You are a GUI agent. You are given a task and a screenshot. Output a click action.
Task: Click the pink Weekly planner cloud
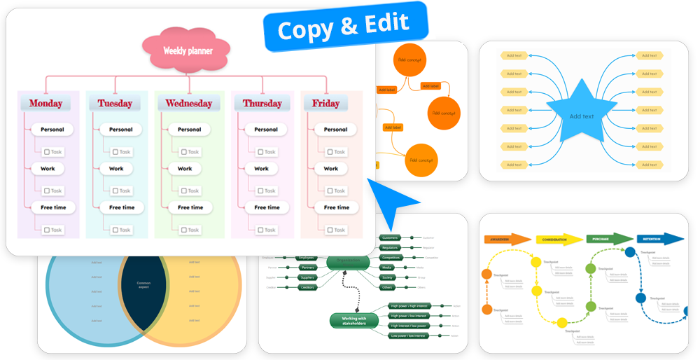click(x=187, y=50)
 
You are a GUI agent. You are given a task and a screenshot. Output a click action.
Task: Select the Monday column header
click(x=45, y=104)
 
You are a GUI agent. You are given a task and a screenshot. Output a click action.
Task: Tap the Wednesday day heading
click(x=188, y=104)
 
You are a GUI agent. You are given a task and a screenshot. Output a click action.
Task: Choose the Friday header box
click(x=325, y=104)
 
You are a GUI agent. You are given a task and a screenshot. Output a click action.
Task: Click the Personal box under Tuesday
click(x=120, y=130)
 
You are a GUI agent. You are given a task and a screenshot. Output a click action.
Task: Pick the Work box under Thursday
click(x=261, y=169)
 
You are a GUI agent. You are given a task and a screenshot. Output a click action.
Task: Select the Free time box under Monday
click(x=52, y=207)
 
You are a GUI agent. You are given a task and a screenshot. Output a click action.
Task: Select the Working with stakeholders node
click(x=353, y=320)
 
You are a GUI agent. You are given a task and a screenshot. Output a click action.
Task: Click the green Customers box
click(x=391, y=238)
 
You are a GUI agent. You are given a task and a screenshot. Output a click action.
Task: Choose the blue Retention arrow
click(x=659, y=239)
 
